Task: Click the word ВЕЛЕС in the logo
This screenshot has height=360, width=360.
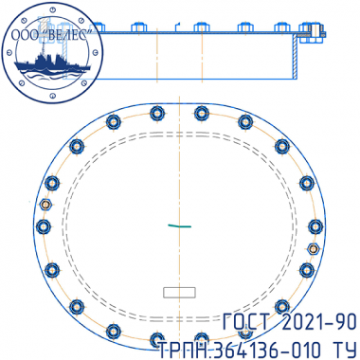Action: [68, 35]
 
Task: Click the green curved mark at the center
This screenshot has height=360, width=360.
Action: [179, 225]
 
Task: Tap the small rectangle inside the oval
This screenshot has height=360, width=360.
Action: [179, 293]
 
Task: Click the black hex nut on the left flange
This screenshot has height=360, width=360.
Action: [46, 205]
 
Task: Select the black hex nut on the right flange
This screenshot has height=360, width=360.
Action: [314, 249]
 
